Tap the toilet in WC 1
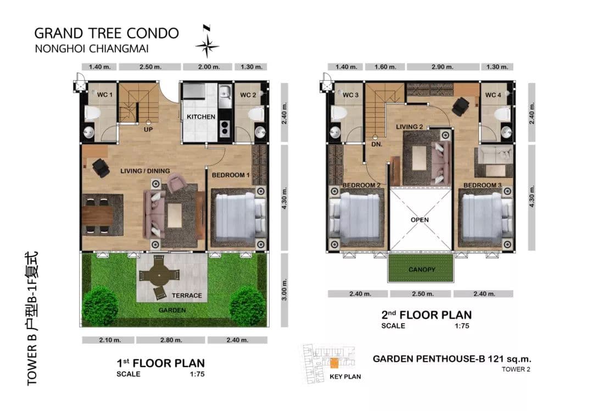(x=92, y=113)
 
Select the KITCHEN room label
(x=201, y=117)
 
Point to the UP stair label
(x=148, y=130)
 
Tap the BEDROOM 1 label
(x=231, y=175)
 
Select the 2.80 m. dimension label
(x=171, y=340)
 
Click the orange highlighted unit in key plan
(x=334, y=363)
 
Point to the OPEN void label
(x=420, y=220)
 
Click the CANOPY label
(x=422, y=269)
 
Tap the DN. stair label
(x=377, y=144)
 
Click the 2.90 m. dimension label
(x=443, y=67)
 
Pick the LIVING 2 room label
(x=409, y=127)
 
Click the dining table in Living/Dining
(x=98, y=215)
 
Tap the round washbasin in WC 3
(x=335, y=132)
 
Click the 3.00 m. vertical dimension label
(x=284, y=290)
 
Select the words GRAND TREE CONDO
(x=107, y=34)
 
